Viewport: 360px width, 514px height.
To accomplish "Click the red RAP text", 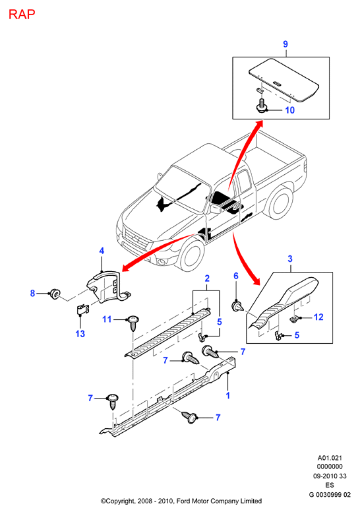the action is (x=22, y=15).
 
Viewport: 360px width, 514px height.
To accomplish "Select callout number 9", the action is (x=285, y=44).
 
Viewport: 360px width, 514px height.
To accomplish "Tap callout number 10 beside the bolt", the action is (x=290, y=110).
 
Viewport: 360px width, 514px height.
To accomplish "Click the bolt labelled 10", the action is (x=261, y=106).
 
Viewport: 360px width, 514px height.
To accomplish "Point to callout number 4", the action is (x=102, y=251).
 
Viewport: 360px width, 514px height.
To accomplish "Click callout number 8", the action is (x=32, y=293).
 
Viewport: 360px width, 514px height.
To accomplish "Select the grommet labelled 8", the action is (x=54, y=294).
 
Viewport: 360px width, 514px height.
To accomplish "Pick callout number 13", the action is (x=80, y=334).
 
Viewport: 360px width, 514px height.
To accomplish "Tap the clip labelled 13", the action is (x=82, y=309).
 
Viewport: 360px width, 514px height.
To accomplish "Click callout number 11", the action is (x=107, y=319).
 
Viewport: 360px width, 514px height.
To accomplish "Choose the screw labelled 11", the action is (x=133, y=323).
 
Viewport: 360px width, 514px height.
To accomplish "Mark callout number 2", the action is (x=207, y=278).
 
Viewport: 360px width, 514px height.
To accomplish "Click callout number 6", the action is (x=236, y=276).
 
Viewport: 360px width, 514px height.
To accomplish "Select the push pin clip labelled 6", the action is (x=237, y=306).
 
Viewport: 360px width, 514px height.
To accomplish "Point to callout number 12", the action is (x=318, y=317).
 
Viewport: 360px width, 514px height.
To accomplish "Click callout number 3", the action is (x=290, y=259).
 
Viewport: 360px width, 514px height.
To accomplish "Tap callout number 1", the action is (x=228, y=396).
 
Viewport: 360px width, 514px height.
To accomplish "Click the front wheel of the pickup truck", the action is (x=191, y=255).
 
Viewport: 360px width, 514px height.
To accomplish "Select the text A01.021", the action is (x=330, y=458).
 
